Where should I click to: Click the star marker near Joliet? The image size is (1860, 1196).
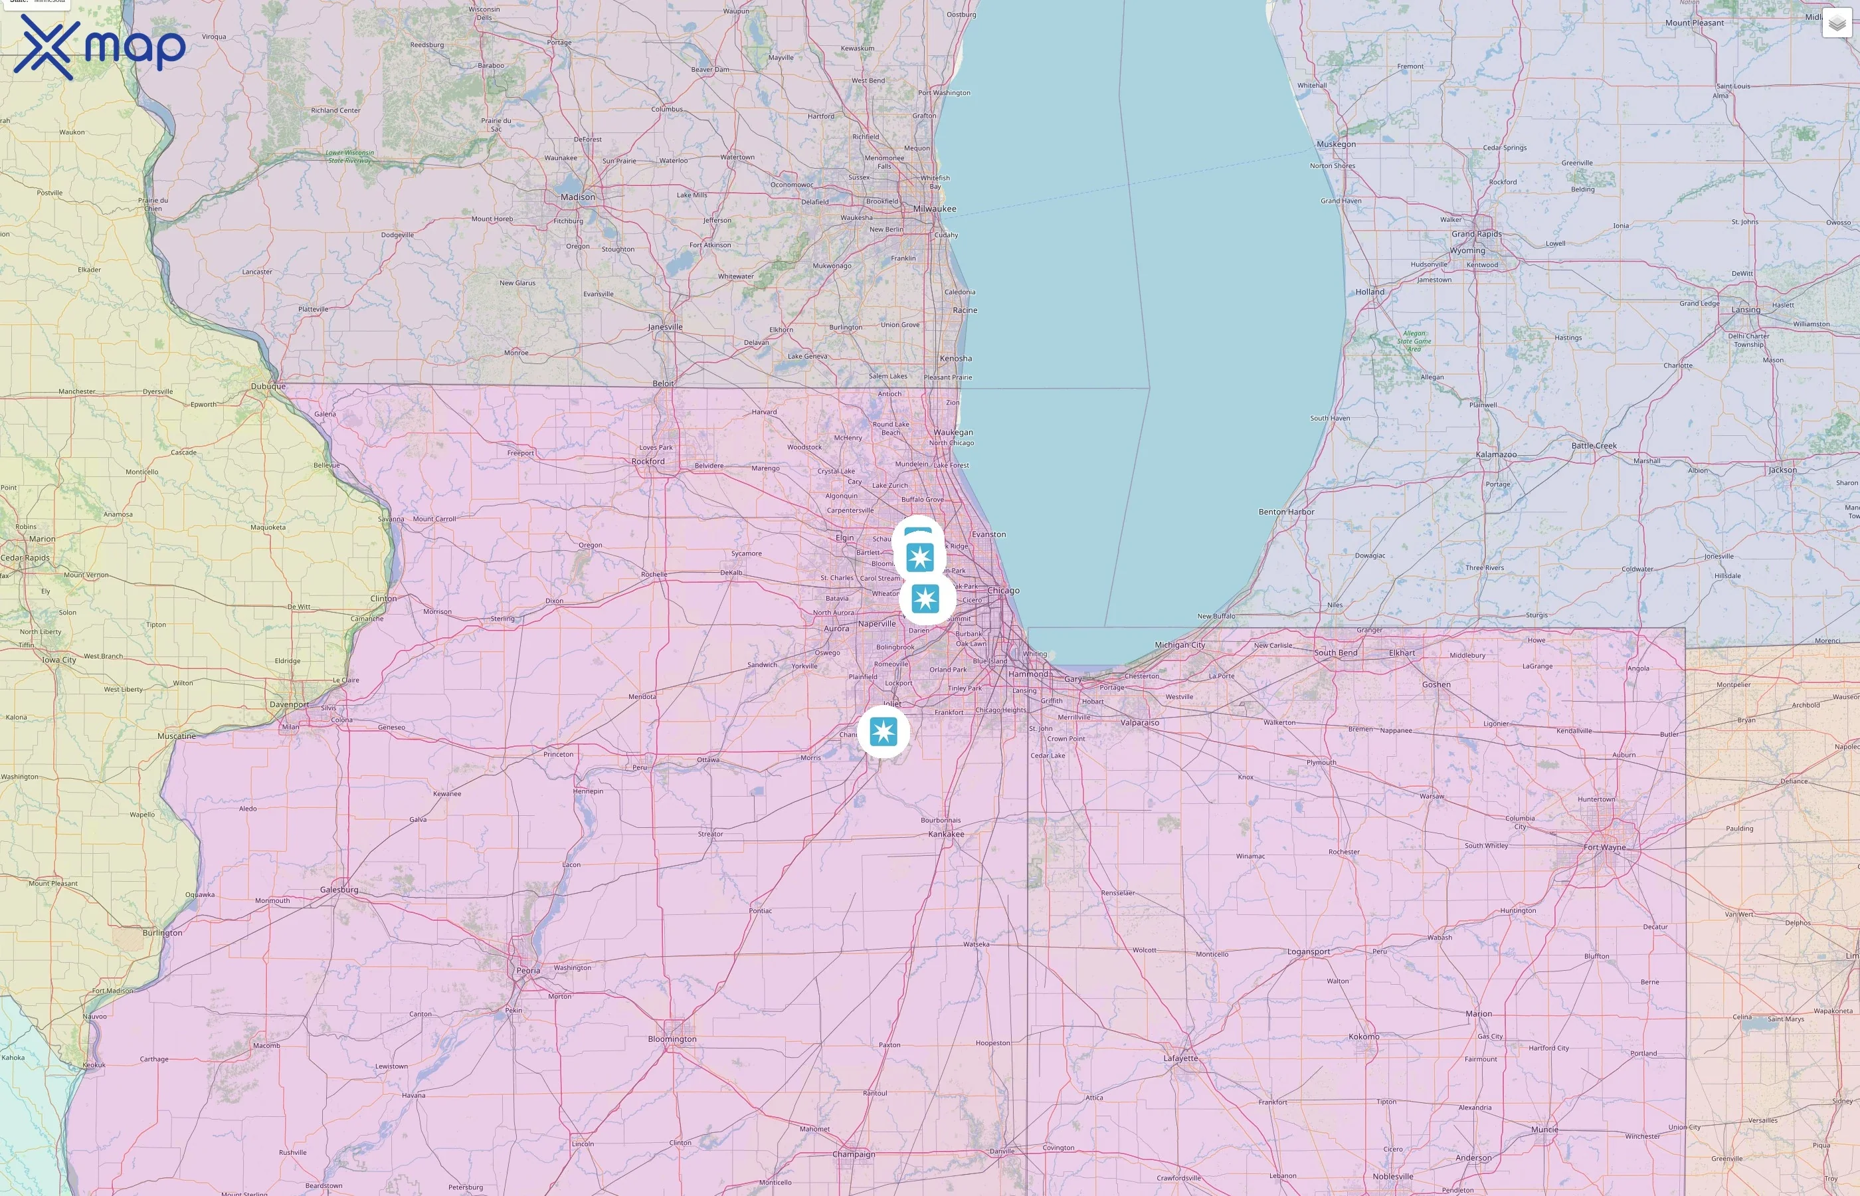[x=883, y=732]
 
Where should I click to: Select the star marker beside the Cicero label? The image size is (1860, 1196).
[x=925, y=599]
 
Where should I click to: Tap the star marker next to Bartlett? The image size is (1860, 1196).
[x=920, y=557]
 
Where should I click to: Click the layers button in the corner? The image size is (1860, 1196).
[x=1836, y=23]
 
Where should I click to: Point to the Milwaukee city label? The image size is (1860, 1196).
[x=935, y=209]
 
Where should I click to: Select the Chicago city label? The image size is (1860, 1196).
[x=1003, y=591]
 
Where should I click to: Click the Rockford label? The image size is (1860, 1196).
[x=648, y=461]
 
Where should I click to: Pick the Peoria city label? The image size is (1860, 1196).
[x=528, y=971]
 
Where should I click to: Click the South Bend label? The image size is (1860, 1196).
[x=1335, y=653]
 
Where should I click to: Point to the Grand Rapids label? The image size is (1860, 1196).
[x=1477, y=234]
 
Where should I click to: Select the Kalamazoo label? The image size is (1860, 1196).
[x=1496, y=455]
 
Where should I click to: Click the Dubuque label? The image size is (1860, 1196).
[x=268, y=386]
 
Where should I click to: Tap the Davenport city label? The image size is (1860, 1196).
[x=289, y=705]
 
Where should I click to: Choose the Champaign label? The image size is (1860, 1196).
[x=853, y=1154]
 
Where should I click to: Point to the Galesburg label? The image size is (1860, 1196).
[x=339, y=890]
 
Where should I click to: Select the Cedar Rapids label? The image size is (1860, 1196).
[x=25, y=557]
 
